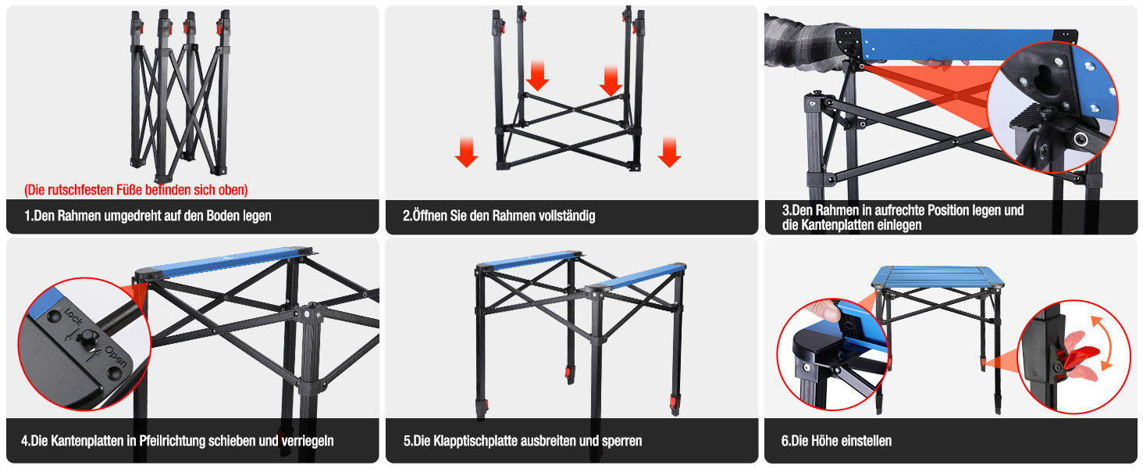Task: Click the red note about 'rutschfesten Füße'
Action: [x=136, y=190]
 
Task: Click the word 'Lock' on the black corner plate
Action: [x=73, y=317]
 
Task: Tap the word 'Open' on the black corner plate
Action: [x=116, y=356]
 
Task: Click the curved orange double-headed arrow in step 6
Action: [x=1104, y=342]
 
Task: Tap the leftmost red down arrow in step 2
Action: [x=466, y=152]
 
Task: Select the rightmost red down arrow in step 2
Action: [x=669, y=152]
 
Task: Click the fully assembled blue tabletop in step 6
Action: [x=938, y=277]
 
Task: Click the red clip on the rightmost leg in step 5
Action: [x=675, y=405]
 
